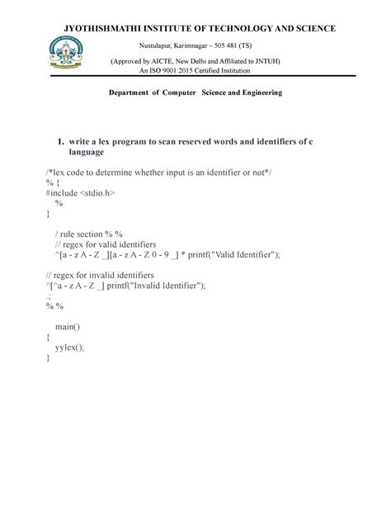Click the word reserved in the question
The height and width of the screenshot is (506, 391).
pos(191,142)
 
